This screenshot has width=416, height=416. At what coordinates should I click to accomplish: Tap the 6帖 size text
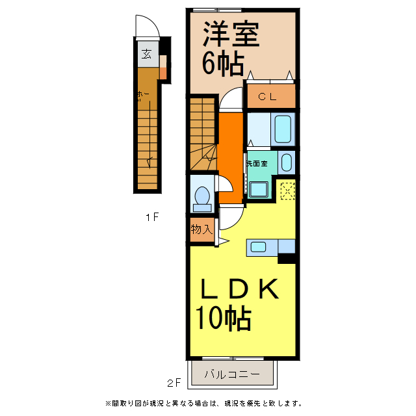[222, 64]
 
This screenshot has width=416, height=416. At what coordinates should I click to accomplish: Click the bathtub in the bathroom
[283, 129]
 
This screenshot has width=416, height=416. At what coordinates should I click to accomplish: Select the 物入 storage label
[201, 229]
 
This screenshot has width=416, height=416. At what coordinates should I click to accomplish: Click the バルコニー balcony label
[232, 374]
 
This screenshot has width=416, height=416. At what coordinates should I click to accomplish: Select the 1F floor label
[152, 217]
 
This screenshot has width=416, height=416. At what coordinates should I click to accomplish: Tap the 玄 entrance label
[147, 54]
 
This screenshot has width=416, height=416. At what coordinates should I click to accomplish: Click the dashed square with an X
[287, 191]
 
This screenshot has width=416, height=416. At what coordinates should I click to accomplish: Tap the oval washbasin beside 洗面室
[287, 161]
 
